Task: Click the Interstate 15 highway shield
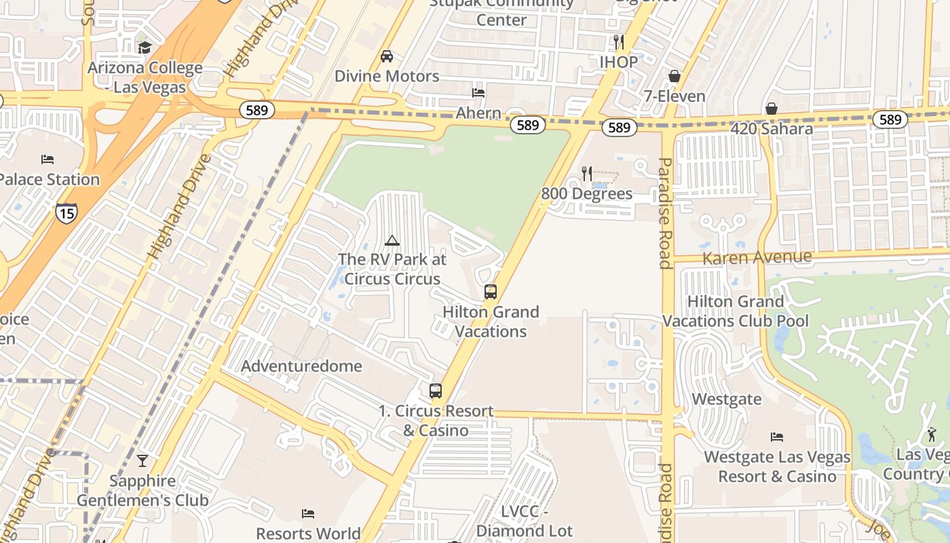pyautogui.click(x=66, y=212)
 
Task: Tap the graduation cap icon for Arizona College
pyautogui.click(x=144, y=47)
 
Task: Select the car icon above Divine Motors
pyautogui.click(x=387, y=56)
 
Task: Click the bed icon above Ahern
pyautogui.click(x=478, y=93)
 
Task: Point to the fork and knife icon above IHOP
pyautogui.click(x=618, y=42)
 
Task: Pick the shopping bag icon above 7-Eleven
pyautogui.click(x=674, y=76)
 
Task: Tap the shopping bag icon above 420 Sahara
pyautogui.click(x=772, y=109)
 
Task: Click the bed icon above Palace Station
pyautogui.click(x=47, y=160)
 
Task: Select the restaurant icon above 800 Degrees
pyautogui.click(x=587, y=174)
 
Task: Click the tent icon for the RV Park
pyautogui.click(x=392, y=240)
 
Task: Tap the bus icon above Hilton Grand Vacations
pyautogui.click(x=491, y=292)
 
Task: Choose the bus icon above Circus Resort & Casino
pyautogui.click(x=436, y=391)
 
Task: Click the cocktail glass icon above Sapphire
pyautogui.click(x=142, y=461)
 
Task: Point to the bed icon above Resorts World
pyautogui.click(x=308, y=513)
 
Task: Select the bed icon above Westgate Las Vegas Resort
pyautogui.click(x=777, y=437)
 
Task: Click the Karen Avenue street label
pyautogui.click(x=757, y=258)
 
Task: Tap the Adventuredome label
pyautogui.click(x=301, y=367)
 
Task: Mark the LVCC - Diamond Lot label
pyautogui.click(x=525, y=521)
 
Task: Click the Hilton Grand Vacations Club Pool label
pyautogui.click(x=736, y=311)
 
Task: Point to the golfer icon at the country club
pyautogui.click(x=932, y=434)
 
